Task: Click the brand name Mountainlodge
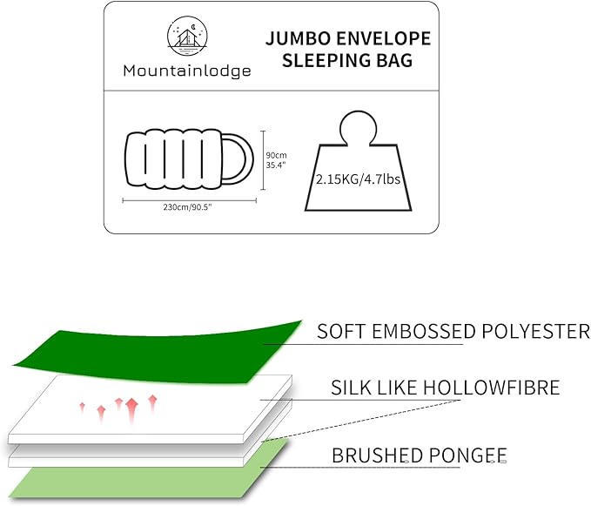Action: [185, 71]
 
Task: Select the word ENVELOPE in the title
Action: [386, 40]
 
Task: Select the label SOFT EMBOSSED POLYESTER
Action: [453, 332]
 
